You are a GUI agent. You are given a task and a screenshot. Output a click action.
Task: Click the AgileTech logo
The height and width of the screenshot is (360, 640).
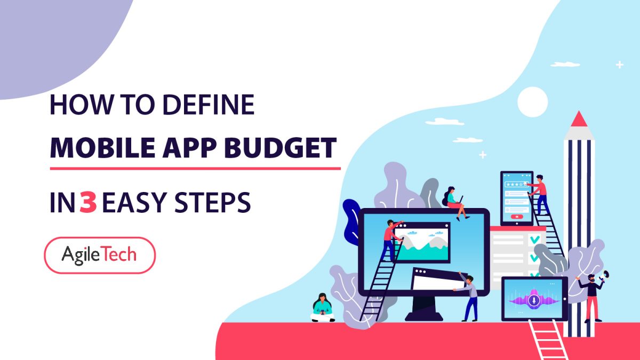pyautogui.click(x=99, y=255)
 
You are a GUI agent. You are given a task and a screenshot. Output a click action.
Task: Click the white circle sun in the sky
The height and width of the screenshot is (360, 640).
pyautogui.click(x=532, y=101)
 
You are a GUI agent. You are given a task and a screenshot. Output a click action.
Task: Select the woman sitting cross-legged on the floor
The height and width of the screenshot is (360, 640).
pyautogui.click(x=322, y=308)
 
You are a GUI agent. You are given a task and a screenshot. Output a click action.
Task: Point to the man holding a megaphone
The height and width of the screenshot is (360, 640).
pyautogui.click(x=591, y=297)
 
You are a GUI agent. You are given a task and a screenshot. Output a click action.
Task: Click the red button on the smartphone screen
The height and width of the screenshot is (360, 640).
pyautogui.click(x=516, y=217)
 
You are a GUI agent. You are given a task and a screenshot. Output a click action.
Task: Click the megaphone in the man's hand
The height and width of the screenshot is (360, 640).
pyautogui.click(x=605, y=276)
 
